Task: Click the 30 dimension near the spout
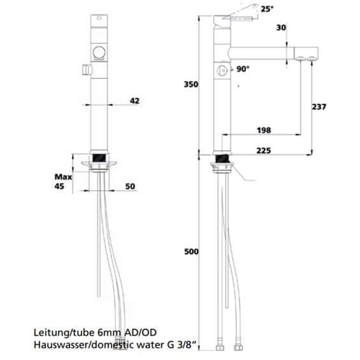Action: click(281, 28)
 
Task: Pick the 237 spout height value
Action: click(319, 106)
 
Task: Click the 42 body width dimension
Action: click(134, 100)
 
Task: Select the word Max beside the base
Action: click(62, 176)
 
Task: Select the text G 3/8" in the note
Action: click(188, 345)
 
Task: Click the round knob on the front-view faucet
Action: click(98, 53)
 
